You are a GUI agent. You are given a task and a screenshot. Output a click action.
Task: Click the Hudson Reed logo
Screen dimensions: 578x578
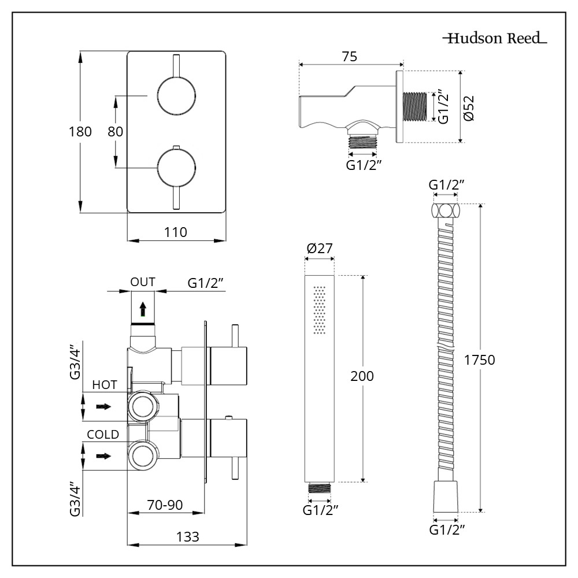click(495, 39)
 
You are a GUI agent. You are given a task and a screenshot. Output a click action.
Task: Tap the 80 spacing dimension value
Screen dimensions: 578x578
click(116, 131)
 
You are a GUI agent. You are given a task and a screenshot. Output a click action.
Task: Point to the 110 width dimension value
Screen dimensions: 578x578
click(176, 232)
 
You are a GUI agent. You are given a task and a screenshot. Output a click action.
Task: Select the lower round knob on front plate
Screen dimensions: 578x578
click(177, 168)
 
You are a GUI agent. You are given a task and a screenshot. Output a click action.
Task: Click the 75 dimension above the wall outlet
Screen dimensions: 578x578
click(349, 57)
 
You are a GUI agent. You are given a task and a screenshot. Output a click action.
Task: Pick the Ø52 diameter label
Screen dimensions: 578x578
click(469, 107)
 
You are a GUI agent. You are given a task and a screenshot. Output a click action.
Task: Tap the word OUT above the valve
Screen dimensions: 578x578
click(142, 282)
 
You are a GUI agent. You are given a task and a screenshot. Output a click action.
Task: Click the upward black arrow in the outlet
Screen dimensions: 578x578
click(142, 310)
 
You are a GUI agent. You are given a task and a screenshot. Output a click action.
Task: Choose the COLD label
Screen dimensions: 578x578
click(103, 435)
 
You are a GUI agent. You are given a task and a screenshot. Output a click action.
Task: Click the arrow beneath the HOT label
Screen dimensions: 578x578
click(103, 407)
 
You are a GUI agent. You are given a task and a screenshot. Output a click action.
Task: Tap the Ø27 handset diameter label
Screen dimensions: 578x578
click(320, 249)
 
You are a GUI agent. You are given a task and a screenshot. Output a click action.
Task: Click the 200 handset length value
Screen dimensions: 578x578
click(363, 376)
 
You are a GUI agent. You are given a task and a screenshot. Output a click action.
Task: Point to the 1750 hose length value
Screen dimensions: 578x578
click(480, 360)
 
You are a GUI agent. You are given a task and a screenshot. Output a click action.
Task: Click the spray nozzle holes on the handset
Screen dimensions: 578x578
click(319, 309)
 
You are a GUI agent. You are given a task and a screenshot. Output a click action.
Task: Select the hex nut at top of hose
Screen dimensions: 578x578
click(446, 210)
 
